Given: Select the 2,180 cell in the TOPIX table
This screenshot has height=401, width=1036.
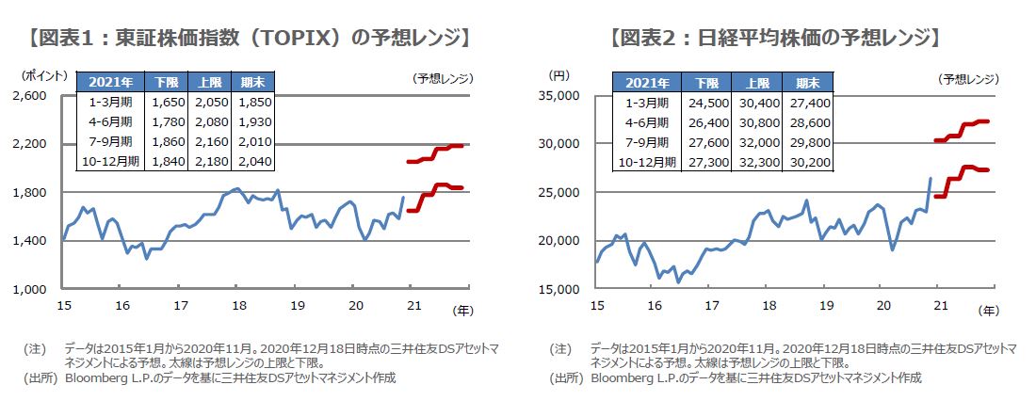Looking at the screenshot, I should (x=211, y=161).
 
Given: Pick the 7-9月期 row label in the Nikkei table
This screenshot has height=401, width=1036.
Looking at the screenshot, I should (x=644, y=141).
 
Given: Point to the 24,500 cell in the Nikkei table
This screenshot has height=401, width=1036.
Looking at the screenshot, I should (x=700, y=102).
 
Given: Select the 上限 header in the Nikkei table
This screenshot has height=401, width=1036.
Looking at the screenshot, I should (x=752, y=82).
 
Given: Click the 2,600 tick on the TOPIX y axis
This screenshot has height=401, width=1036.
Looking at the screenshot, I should (x=32, y=96).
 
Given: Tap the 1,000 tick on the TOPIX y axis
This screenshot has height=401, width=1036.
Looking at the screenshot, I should (x=32, y=289).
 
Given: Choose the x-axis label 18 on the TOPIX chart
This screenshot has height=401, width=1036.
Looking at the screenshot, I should (x=239, y=306).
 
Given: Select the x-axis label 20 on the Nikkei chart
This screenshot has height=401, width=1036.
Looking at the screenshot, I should (x=883, y=306).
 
